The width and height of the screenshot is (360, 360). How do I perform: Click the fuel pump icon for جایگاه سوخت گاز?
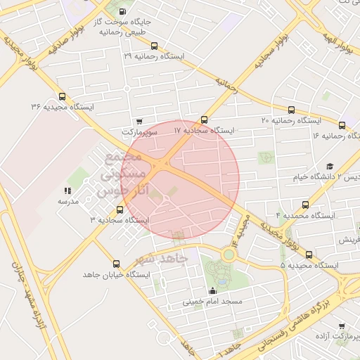coord(124,11)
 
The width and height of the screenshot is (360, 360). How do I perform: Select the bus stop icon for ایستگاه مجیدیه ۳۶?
coord(63,97)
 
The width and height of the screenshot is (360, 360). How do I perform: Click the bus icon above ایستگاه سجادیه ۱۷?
coord(205,120)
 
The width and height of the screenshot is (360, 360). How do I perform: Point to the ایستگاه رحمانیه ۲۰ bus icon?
coord(291,110)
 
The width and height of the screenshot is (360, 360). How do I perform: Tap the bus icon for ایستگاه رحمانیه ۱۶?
coord(342,124)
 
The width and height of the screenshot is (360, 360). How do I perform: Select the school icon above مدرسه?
coord(67,191)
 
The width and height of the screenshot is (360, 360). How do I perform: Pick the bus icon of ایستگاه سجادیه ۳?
coord(119,210)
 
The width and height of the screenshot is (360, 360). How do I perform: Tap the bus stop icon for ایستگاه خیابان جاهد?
coord(116,264)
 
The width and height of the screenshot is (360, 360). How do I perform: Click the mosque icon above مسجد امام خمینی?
coord(213,290)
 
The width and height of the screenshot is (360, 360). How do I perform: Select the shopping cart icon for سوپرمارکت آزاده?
coord(342,326)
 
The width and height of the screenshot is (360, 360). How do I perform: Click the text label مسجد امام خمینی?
coord(212,302)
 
